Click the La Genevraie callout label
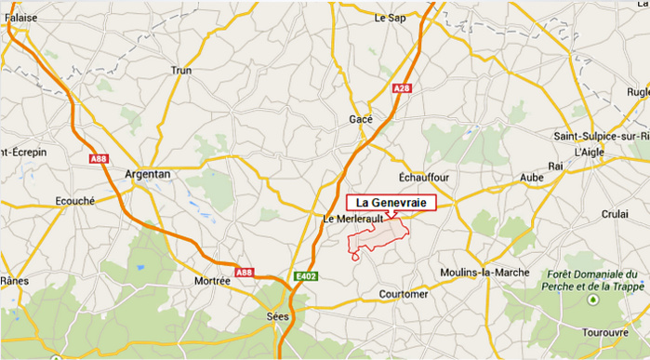[391, 203]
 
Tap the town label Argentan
[147, 175]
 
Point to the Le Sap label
[391, 18]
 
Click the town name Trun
[181, 71]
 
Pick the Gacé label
[360, 119]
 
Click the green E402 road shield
[303, 276]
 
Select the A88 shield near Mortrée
[244, 273]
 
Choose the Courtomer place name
[404, 294]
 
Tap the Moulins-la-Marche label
[484, 272]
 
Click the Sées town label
[276, 315]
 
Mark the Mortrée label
[213, 280]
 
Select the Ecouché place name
[74, 199]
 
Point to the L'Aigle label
[590, 152]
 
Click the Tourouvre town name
[606, 332]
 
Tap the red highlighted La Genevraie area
[377, 238]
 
